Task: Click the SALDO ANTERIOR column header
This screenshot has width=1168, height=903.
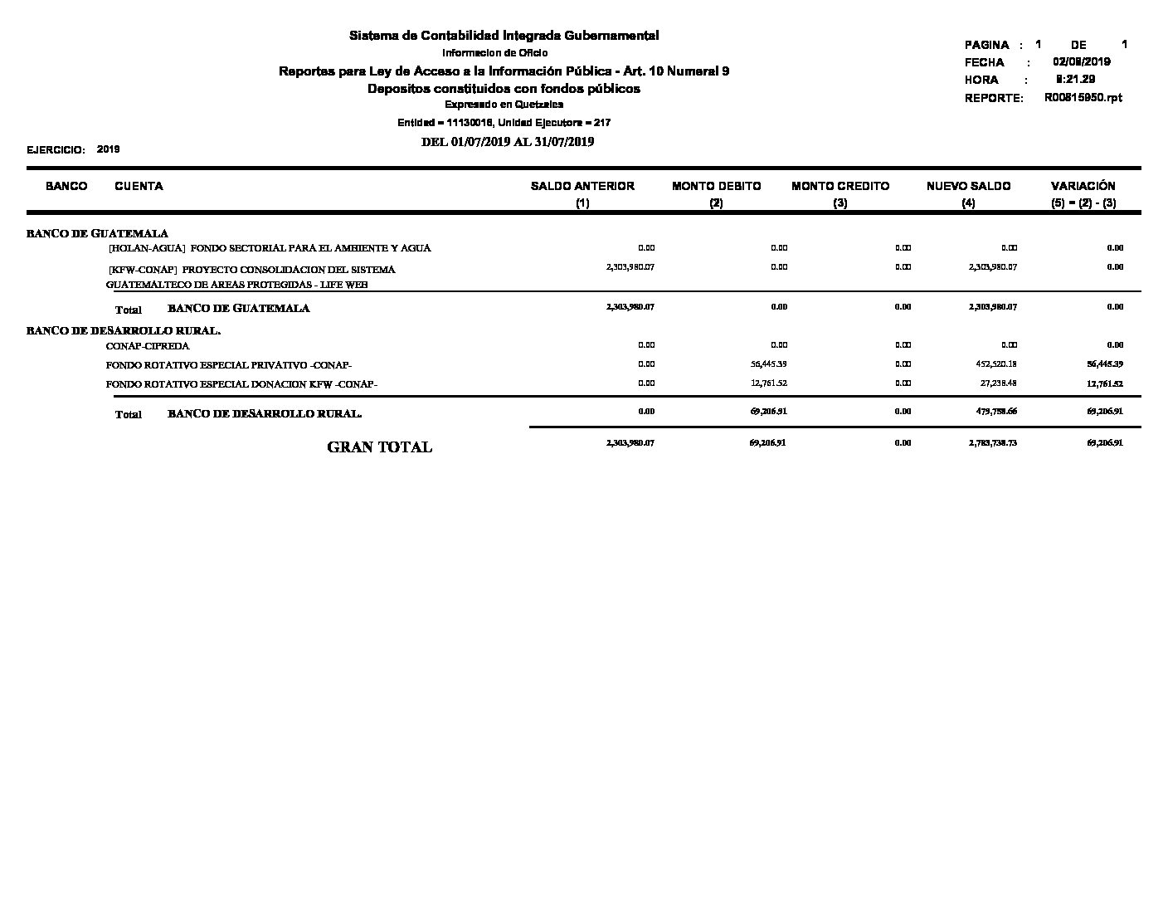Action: (x=582, y=187)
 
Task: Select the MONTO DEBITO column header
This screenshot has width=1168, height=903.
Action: (x=716, y=187)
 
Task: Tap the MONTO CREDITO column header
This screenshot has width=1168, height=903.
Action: (x=839, y=187)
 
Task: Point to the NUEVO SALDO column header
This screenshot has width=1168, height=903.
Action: (x=968, y=187)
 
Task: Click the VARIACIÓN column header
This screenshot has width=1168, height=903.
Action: (x=1083, y=187)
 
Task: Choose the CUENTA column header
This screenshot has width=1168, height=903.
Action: (x=139, y=187)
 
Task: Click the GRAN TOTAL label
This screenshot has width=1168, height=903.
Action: (x=379, y=447)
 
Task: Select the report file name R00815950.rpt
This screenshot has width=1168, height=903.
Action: (x=1083, y=98)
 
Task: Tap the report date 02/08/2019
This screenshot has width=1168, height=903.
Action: (x=1081, y=62)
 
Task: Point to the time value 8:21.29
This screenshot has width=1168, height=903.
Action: (x=1075, y=80)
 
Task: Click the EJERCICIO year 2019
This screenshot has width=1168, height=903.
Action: (x=108, y=149)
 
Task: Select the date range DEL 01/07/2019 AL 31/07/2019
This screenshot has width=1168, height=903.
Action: (x=508, y=142)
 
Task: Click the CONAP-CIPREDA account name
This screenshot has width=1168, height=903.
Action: (x=148, y=346)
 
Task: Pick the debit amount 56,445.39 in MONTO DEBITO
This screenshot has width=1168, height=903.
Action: (x=768, y=364)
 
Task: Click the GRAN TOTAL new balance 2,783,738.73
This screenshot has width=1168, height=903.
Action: (x=992, y=443)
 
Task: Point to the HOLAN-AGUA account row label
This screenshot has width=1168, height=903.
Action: (x=270, y=248)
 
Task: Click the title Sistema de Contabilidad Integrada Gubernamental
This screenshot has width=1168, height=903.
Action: (x=504, y=36)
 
